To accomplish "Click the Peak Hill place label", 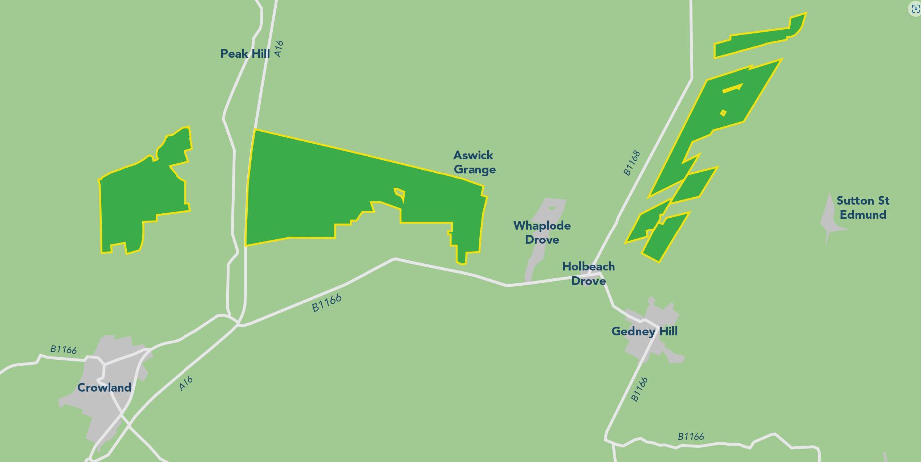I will (x=245, y=54).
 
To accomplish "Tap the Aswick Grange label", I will (x=474, y=162).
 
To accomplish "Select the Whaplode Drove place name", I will (x=542, y=232).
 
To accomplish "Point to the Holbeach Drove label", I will (x=588, y=274).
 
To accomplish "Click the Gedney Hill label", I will (x=644, y=331).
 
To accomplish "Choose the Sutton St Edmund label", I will (x=863, y=208).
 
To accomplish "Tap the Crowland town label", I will (x=104, y=388).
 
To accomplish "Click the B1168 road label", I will (x=631, y=163).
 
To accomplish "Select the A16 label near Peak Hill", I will (x=279, y=49).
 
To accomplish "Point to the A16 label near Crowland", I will (x=185, y=383).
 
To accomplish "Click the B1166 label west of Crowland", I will (x=64, y=349).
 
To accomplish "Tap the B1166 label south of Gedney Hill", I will (x=639, y=389).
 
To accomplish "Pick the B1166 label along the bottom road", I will (x=691, y=437).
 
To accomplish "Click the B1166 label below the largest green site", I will (x=327, y=303).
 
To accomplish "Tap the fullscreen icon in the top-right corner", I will (x=915, y=9).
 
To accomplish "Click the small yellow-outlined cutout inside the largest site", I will (x=400, y=194).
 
